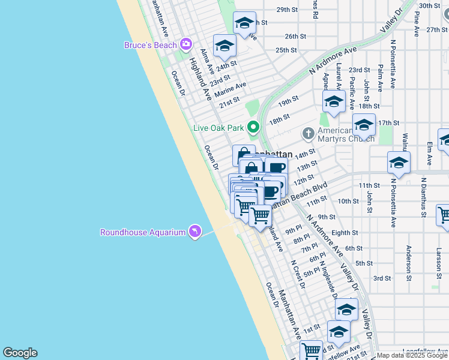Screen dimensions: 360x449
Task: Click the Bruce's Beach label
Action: pyautogui.click(x=150, y=45)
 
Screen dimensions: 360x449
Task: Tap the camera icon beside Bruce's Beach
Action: pyautogui.click(x=185, y=44)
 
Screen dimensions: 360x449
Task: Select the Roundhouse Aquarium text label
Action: pyautogui.click(x=142, y=232)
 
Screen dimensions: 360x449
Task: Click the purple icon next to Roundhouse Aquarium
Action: pyautogui.click(x=194, y=232)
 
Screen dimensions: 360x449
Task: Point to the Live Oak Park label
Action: pyautogui.click(x=218, y=127)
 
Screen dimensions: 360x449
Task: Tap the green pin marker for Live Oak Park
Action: pyautogui.click(x=253, y=127)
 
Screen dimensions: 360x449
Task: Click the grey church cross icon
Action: pyautogui.click(x=308, y=133)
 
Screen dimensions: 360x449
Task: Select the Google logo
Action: pyautogui.click(x=20, y=353)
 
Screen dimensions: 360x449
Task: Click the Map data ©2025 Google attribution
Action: pyautogui.click(x=412, y=355)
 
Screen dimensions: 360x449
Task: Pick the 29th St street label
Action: pyautogui.click(x=287, y=10)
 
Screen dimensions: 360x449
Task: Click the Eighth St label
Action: pyautogui.click(x=345, y=233)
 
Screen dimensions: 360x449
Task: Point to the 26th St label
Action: pyautogui.click(x=296, y=36)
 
